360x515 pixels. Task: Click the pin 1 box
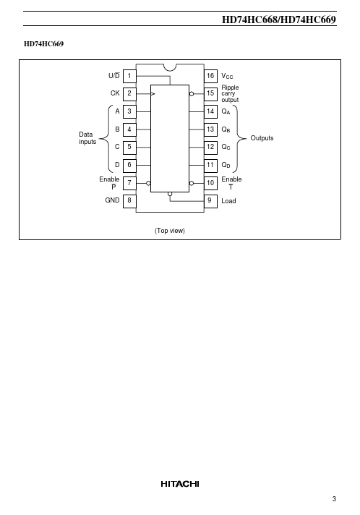coord(129,76)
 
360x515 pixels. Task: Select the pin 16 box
coord(210,76)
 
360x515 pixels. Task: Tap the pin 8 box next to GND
coord(129,200)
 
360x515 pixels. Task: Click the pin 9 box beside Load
coord(210,200)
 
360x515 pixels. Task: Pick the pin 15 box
coord(210,94)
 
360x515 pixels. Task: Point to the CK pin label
coord(115,93)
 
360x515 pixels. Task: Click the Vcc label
coord(227,76)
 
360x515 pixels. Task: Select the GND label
coord(112,200)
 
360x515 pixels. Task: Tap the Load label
coord(228,201)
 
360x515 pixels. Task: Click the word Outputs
coord(262,138)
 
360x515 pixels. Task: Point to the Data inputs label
coord(87,138)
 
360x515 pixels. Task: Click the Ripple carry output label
coord(230,93)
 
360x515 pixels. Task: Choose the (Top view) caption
coord(170,231)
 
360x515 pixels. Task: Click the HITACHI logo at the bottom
coord(180,484)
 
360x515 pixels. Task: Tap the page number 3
coord(334,499)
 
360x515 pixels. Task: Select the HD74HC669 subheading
coord(43,44)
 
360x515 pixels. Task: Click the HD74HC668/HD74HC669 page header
coord(279,20)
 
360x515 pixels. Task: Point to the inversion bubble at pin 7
coord(148,183)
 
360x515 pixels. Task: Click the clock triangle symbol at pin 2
coord(153,94)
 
